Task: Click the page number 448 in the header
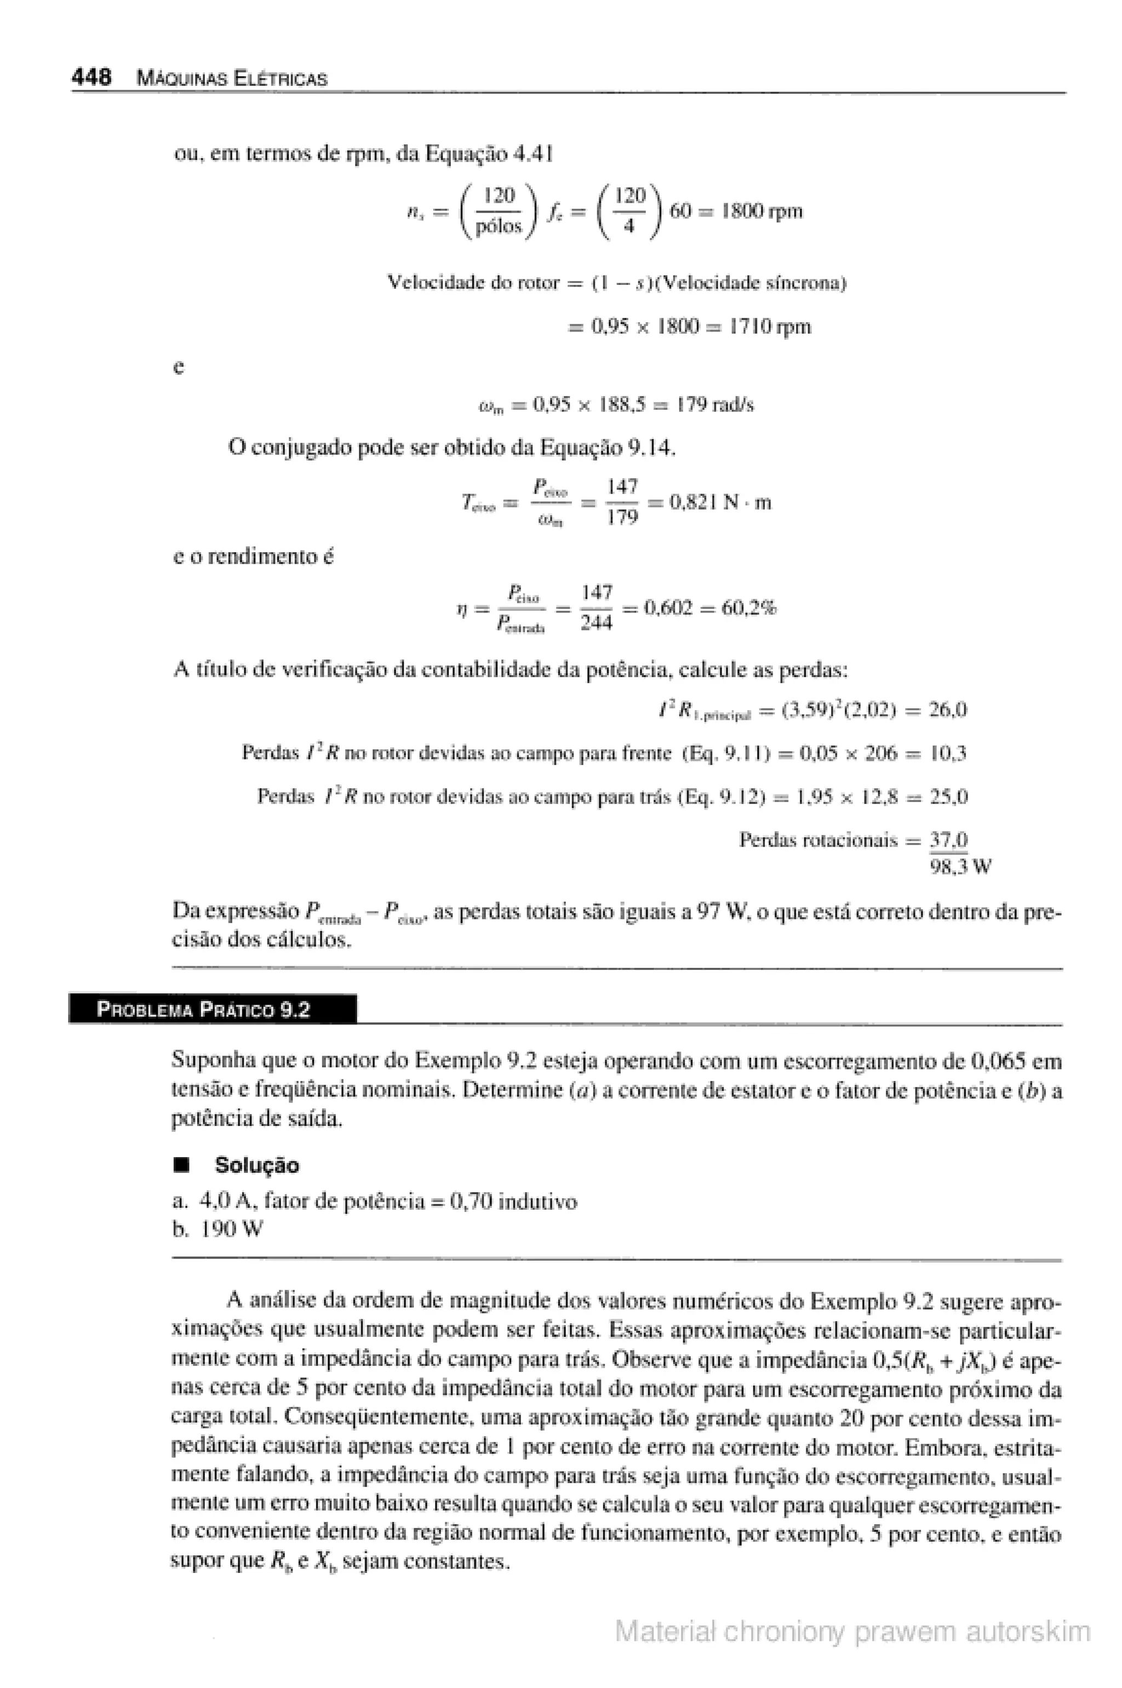pyautogui.click(x=91, y=77)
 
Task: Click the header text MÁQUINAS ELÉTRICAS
pyautogui.click(x=232, y=79)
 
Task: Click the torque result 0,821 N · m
pyautogui.click(x=720, y=502)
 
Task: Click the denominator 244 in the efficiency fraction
pyautogui.click(x=596, y=623)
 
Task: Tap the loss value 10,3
pyautogui.click(x=948, y=753)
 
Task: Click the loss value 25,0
pyautogui.click(x=948, y=797)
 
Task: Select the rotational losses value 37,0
pyautogui.click(x=948, y=839)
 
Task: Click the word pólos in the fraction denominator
pyautogui.click(x=500, y=226)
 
